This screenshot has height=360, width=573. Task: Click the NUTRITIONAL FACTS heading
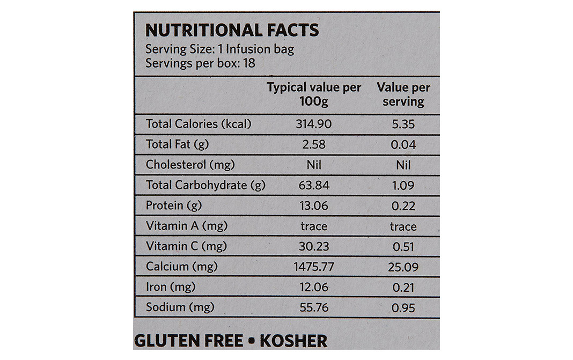[x=232, y=30]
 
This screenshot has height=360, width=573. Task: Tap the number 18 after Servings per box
[x=248, y=63]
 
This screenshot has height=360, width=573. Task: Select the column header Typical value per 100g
[x=314, y=94]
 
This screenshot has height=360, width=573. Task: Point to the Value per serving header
[x=403, y=94]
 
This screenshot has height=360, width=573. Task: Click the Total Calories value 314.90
[x=314, y=124]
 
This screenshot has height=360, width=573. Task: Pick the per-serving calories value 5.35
[x=403, y=124]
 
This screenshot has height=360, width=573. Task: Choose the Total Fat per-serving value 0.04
[x=403, y=145]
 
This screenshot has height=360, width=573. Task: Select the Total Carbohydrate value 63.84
[x=314, y=186]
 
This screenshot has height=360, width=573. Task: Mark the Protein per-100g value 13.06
[x=314, y=206]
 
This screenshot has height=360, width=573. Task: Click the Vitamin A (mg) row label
[x=187, y=226]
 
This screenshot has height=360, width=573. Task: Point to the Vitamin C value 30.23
[x=314, y=247]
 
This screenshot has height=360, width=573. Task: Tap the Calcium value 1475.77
[x=314, y=267]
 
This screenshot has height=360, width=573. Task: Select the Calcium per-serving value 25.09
[x=403, y=267]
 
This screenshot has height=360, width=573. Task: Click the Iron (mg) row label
[x=170, y=287]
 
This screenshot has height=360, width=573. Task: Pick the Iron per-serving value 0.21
[x=403, y=288]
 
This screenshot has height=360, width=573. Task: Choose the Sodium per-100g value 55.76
[x=314, y=307]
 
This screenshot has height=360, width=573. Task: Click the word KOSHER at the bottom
[x=291, y=341]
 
